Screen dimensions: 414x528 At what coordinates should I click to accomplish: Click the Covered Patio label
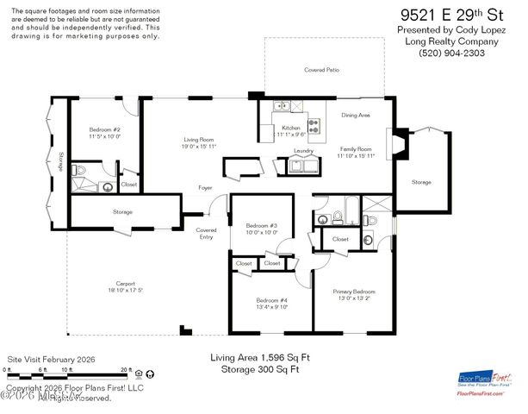320,70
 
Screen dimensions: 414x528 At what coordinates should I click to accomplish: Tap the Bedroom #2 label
103,133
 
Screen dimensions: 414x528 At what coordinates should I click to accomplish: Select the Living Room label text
199,143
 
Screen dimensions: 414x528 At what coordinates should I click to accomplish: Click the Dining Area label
355,115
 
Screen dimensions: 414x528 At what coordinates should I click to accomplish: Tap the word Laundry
303,151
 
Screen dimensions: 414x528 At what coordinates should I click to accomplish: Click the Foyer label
206,187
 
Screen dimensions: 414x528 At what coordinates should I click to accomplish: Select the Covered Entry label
206,234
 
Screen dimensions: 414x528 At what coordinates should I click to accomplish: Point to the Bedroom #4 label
272,303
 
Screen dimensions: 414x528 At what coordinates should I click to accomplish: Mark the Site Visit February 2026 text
51,359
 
